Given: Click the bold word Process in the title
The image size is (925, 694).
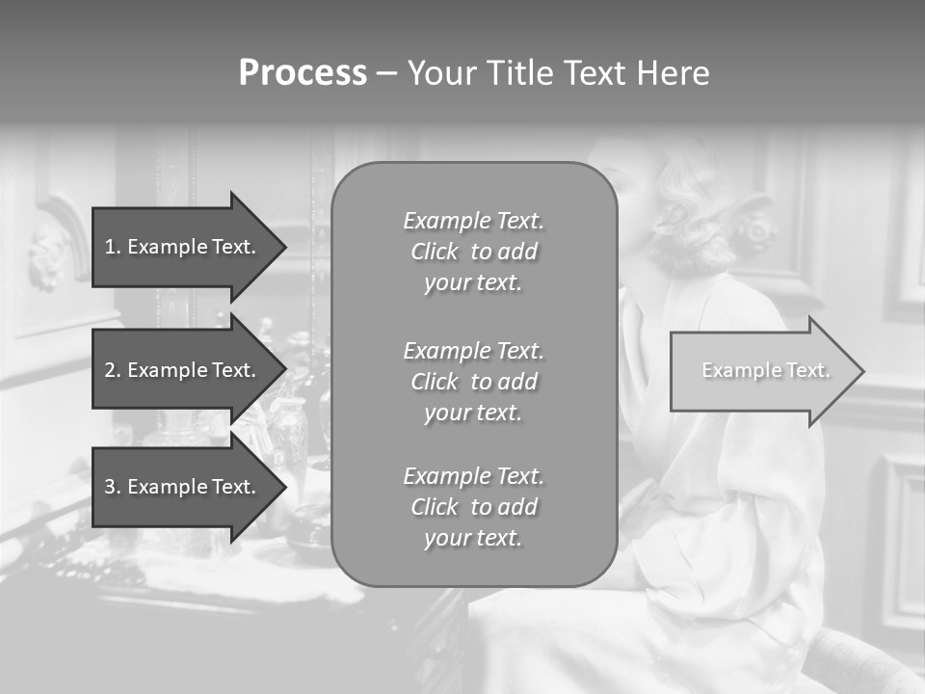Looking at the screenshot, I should pos(303,73).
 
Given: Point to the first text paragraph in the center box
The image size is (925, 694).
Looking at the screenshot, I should pos(473,252).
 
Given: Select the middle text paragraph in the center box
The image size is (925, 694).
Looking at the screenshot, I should pos(473,382).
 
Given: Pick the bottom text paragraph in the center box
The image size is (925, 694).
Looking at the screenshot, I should pos(473,507).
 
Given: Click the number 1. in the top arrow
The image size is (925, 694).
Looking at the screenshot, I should pos(113,247).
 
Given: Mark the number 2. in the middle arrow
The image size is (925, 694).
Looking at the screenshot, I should pos(113,370).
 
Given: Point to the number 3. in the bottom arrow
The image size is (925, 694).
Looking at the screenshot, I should pos(113,487).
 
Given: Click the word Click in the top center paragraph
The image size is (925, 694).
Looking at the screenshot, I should pos(435,252).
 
